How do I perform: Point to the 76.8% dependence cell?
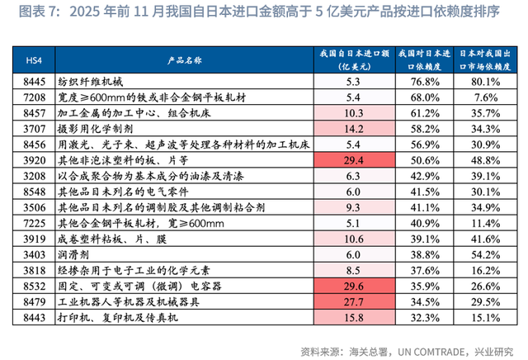point(422,83)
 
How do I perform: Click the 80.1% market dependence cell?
point(487,83)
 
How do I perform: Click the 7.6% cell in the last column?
point(487,97)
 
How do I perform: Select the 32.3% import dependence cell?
point(422,317)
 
